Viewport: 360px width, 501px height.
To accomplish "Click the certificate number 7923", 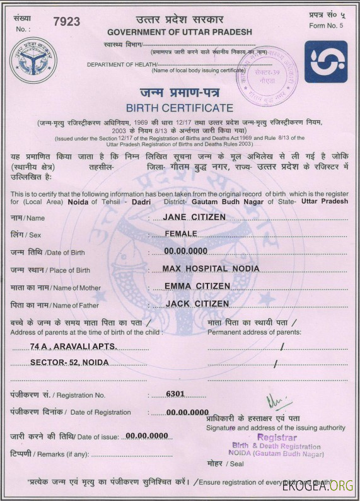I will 67,21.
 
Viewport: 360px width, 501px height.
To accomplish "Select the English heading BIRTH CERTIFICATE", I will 180,108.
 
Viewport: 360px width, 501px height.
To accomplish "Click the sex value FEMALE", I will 181,233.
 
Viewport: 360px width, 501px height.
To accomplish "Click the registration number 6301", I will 175,394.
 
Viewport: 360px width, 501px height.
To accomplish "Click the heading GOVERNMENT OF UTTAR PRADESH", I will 180,32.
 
